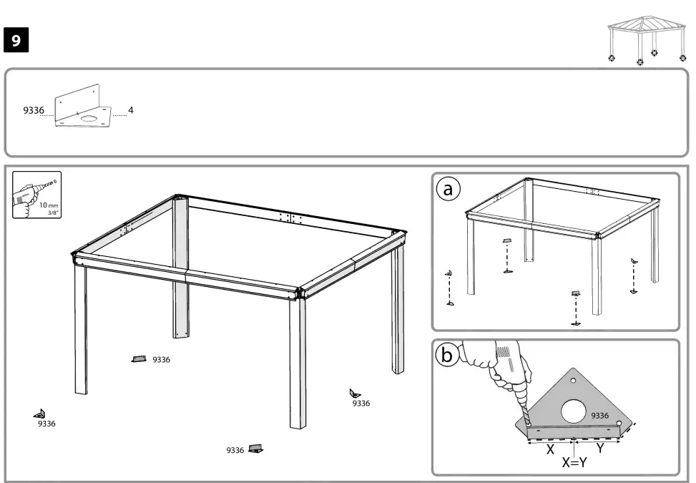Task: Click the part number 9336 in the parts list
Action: pos(34,111)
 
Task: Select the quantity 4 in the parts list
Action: pos(131,110)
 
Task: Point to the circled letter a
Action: pos(449,189)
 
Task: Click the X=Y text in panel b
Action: pos(574,462)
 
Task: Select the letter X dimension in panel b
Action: pos(550,449)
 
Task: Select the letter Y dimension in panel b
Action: pos(600,448)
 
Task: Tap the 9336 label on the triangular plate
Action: pos(599,416)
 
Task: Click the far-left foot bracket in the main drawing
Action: pos(40,414)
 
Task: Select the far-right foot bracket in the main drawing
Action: pos(355,393)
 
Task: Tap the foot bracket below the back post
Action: pos(139,359)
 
